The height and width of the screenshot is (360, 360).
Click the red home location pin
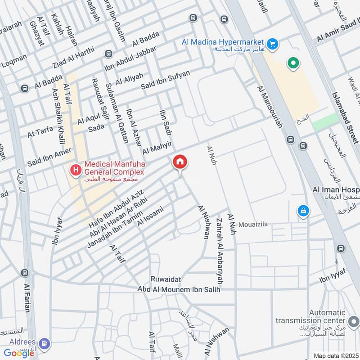coord(180,162)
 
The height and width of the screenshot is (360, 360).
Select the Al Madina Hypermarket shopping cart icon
coord(272,44)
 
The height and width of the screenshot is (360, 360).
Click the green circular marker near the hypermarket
coord(293,63)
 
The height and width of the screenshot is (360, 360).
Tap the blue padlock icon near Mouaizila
coord(304,211)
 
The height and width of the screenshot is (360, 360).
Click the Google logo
coord(19,353)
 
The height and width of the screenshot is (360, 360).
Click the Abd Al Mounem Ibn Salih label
coord(179,290)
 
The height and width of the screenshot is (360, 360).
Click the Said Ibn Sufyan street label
coord(166,80)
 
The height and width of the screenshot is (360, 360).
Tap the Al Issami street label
coord(150,216)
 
